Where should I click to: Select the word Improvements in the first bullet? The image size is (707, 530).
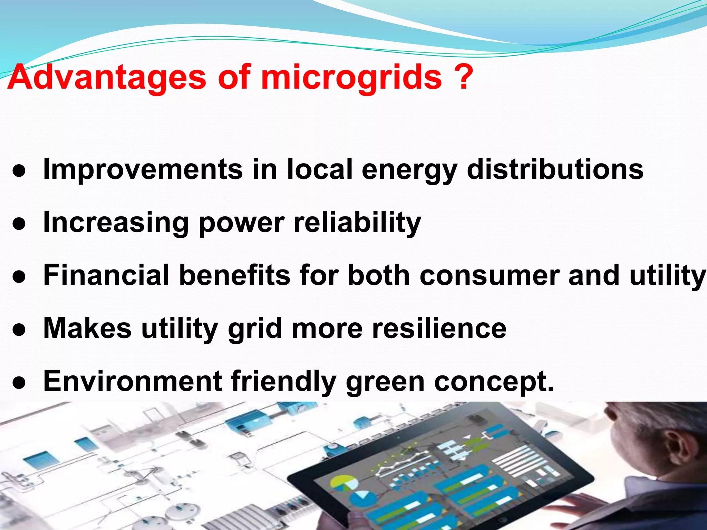(x=143, y=169)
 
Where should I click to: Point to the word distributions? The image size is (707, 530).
(x=555, y=169)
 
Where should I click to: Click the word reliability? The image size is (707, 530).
(x=357, y=223)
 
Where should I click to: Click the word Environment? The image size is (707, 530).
(x=133, y=381)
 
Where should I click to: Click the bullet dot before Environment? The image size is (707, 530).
(x=19, y=383)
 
